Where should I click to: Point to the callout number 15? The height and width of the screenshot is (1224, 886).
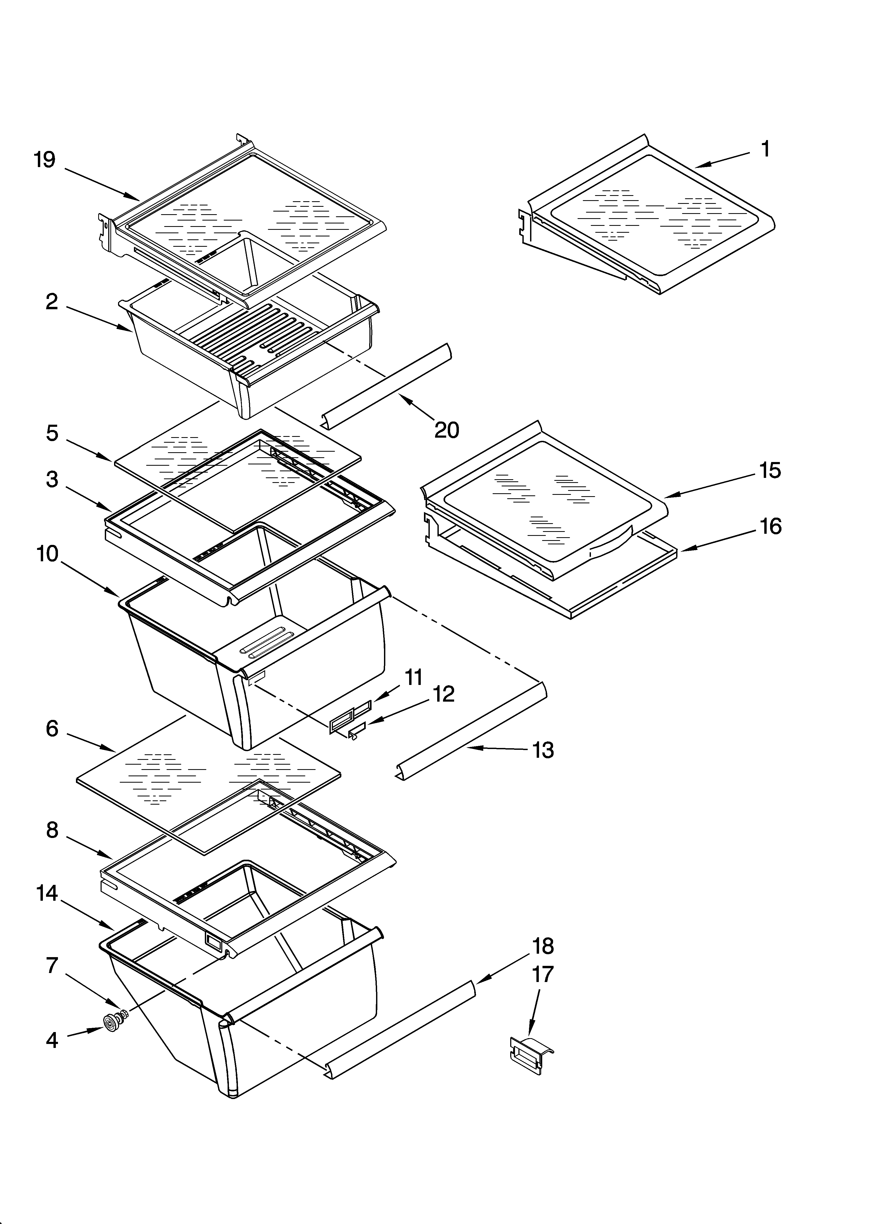point(770,470)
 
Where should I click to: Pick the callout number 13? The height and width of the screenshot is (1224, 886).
point(543,750)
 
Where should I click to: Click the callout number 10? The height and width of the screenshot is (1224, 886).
point(47,554)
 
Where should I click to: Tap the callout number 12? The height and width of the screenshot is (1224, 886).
point(444,694)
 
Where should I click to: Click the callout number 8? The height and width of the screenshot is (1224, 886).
point(52,830)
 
